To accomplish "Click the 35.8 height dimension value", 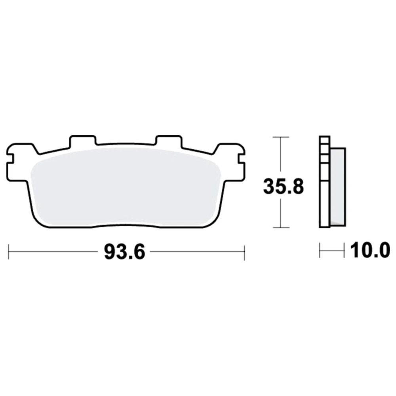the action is click(x=284, y=187).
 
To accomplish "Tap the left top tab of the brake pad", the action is click(x=83, y=141).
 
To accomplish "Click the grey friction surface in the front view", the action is click(x=125, y=187).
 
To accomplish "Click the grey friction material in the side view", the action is click(x=338, y=187).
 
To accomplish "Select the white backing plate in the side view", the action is click(x=325, y=182).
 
